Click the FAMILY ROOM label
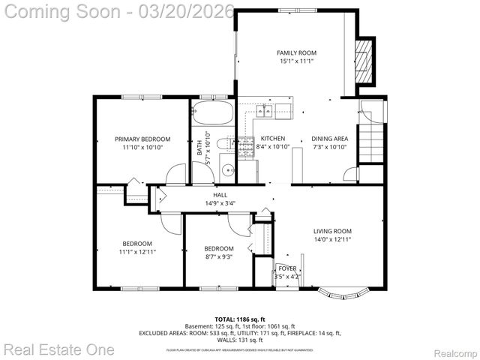tap(296, 52)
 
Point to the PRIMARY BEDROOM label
tap(142, 139)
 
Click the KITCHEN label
tap(273, 139)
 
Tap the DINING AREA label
tap(329, 139)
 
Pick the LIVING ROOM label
tap(331, 231)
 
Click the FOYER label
tap(287, 268)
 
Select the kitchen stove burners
tap(247, 148)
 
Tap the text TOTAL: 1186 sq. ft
tap(239, 319)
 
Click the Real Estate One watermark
tap(58, 349)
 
